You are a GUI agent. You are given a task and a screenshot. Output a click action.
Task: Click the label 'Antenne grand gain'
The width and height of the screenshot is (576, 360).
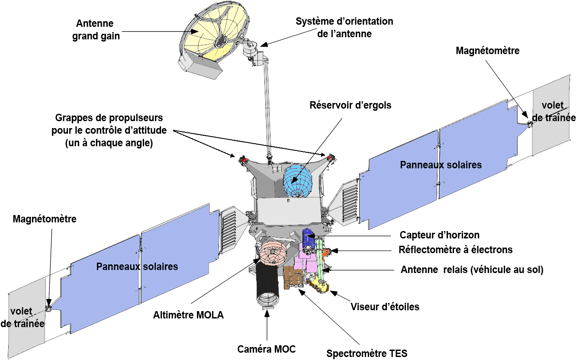(x=95, y=29)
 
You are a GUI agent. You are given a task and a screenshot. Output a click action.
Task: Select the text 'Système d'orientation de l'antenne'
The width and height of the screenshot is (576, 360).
(x=344, y=27)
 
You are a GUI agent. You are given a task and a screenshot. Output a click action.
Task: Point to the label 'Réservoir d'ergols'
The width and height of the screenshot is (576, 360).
(x=350, y=105)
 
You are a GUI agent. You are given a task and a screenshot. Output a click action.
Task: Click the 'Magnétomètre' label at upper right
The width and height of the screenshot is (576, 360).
(x=487, y=51)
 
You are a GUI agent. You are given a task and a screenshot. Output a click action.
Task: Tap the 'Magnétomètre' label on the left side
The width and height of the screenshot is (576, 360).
(x=45, y=219)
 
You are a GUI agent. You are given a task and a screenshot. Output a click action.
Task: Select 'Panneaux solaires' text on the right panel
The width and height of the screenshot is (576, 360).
(x=441, y=165)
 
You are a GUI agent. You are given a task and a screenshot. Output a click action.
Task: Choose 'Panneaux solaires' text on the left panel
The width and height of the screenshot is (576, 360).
(x=137, y=267)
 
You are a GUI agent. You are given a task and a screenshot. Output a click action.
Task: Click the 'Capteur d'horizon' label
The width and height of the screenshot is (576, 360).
(x=440, y=235)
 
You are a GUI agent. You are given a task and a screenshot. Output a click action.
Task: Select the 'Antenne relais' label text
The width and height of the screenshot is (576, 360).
(x=472, y=270)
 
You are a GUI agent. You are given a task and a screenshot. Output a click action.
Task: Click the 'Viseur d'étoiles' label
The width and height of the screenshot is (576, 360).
(x=385, y=307)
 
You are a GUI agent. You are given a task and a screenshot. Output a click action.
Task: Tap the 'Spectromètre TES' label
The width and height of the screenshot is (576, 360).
(x=367, y=353)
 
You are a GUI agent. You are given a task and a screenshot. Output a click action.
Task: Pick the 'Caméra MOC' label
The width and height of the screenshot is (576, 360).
(x=267, y=349)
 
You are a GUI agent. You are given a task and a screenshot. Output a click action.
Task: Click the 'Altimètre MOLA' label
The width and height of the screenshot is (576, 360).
(x=189, y=315)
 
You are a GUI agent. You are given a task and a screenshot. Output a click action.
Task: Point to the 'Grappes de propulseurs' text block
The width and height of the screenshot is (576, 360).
(x=109, y=130)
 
